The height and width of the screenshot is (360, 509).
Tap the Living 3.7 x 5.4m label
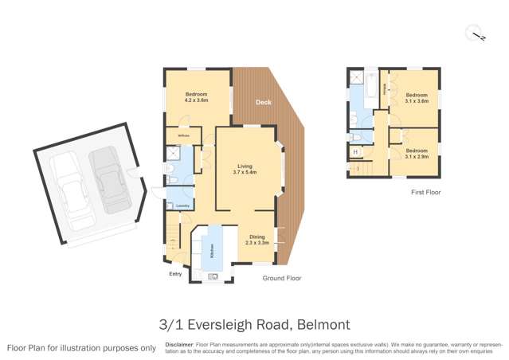tap(244, 169)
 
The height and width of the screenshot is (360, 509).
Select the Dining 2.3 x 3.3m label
tap(256, 239)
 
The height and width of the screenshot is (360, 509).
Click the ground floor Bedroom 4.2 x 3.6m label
tap(197, 98)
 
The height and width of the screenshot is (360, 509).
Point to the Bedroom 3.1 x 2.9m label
tap(416, 153)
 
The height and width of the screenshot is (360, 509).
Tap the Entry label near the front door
tap(175, 274)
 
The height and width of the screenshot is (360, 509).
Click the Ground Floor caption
tap(282, 278)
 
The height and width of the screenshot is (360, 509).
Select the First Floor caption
tap(425, 192)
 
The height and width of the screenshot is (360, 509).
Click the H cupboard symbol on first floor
tap(355, 152)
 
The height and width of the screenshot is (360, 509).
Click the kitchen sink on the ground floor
tap(213, 276)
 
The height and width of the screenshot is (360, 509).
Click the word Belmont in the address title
tap(323, 325)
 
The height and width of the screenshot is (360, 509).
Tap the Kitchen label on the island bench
tap(211, 254)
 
